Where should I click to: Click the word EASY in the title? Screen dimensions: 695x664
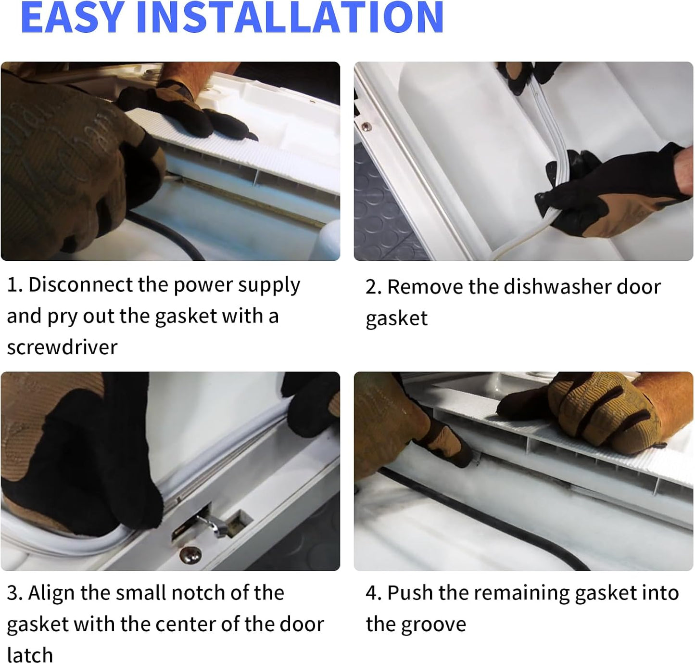73,17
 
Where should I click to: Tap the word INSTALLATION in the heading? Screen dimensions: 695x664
290,17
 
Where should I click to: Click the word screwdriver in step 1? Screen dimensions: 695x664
62,347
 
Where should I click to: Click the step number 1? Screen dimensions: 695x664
13,285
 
